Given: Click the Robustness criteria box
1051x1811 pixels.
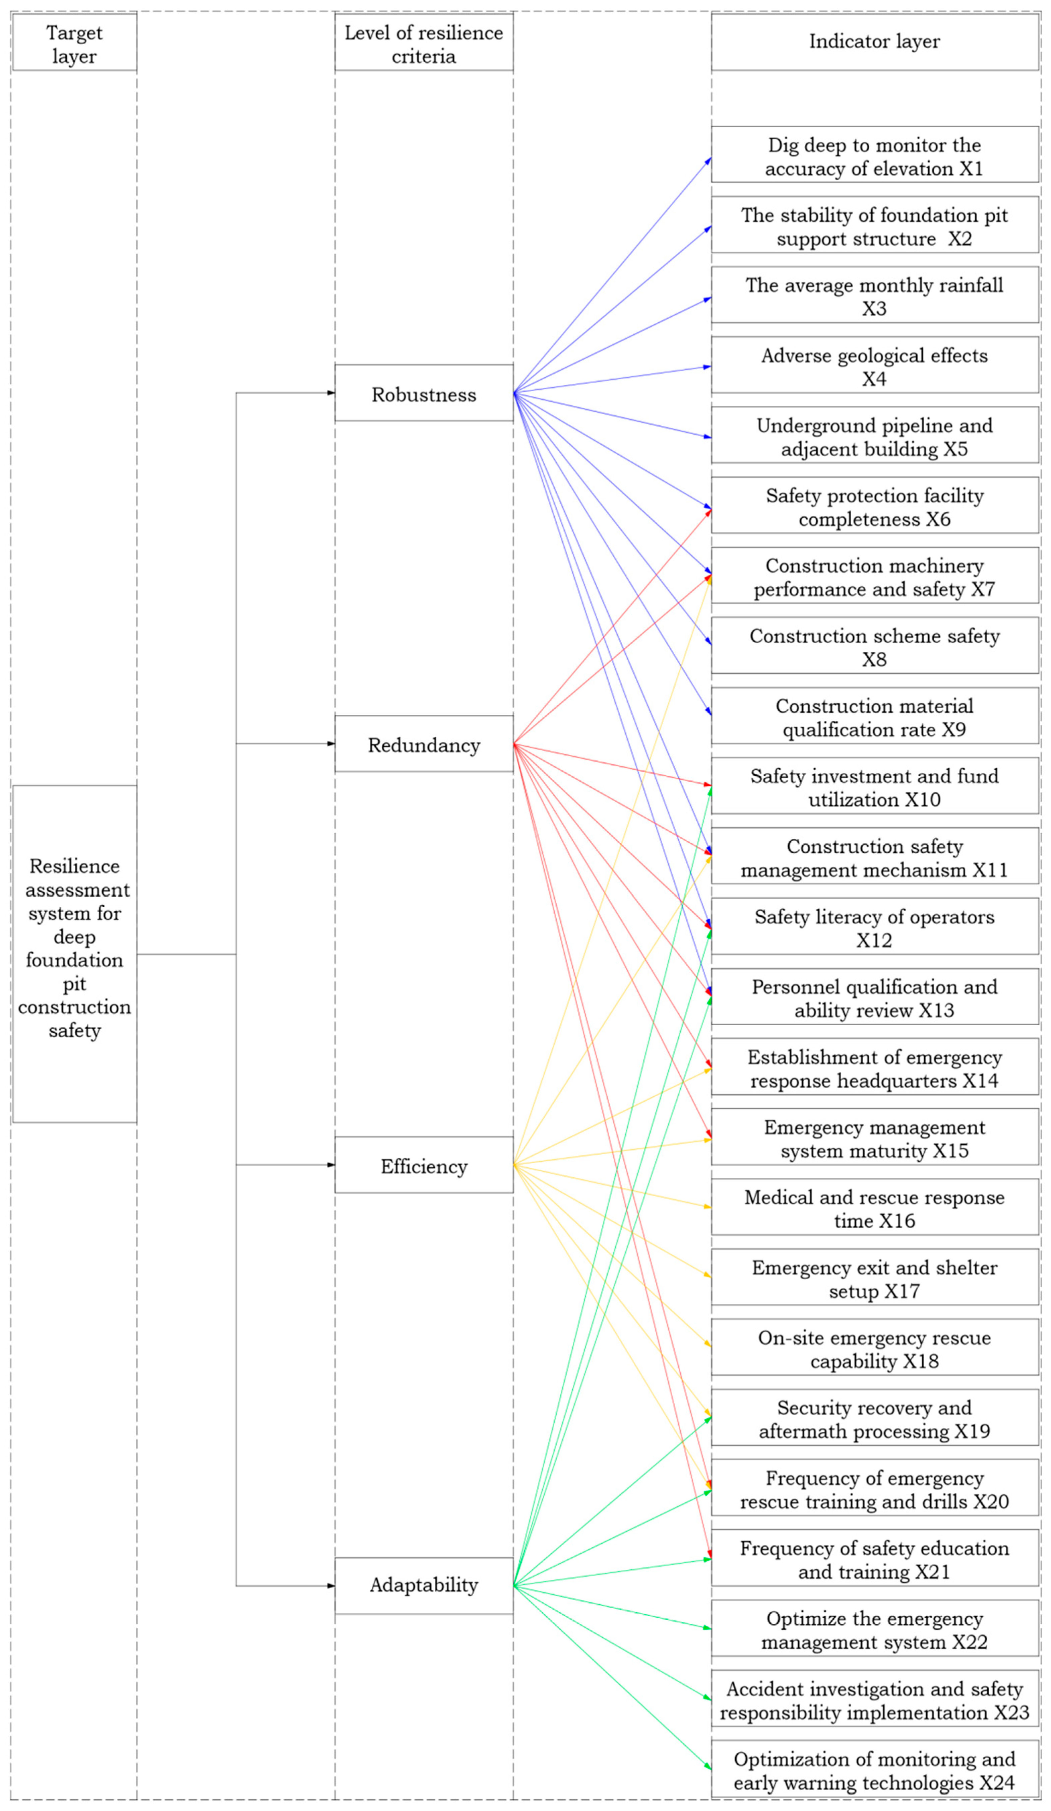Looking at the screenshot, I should (x=423, y=393).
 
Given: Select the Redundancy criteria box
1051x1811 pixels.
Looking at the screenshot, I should (x=423, y=744).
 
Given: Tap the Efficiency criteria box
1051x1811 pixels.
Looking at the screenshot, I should (x=423, y=1165).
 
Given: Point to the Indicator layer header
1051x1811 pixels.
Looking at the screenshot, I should (x=874, y=42).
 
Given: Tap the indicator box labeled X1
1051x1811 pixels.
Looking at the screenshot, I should (x=874, y=155).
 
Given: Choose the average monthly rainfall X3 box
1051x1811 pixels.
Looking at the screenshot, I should (x=874, y=296).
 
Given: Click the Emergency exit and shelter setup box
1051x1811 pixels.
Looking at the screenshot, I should (x=874, y=1277).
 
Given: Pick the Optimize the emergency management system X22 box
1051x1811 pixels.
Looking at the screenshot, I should (x=874, y=1628).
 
